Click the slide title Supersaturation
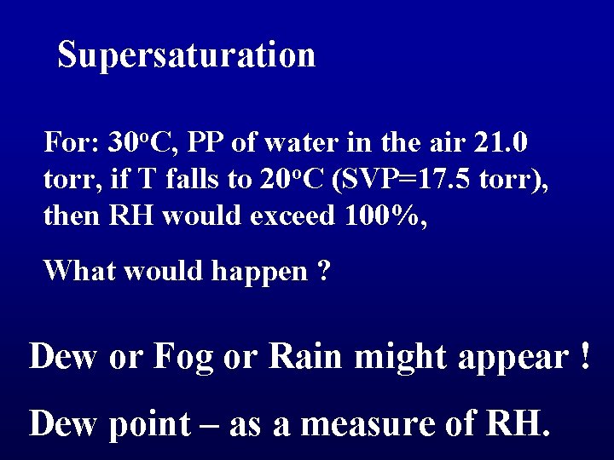click(x=187, y=55)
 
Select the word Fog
click(x=182, y=356)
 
